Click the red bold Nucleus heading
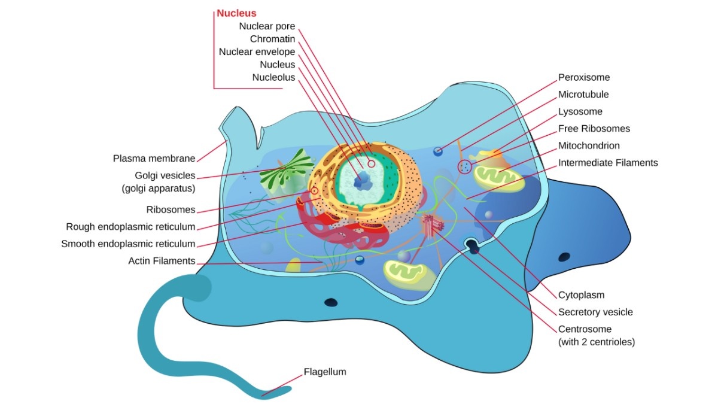coord(236,13)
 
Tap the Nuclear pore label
coord(267,26)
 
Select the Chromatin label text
coord(272,39)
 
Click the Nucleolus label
coord(273,77)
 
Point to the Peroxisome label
coord(584,77)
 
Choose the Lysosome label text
coord(580,111)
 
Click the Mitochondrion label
coord(589,145)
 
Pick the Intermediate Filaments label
coord(608,162)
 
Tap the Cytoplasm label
coord(581,294)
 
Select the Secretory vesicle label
coord(595,312)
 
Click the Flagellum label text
coord(325,372)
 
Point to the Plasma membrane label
coord(154,159)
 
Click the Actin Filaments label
coord(162,261)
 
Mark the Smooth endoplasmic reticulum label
coord(128,244)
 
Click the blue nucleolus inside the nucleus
coord(363,178)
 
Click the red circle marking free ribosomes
coord(464,167)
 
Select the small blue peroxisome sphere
coord(439,151)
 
